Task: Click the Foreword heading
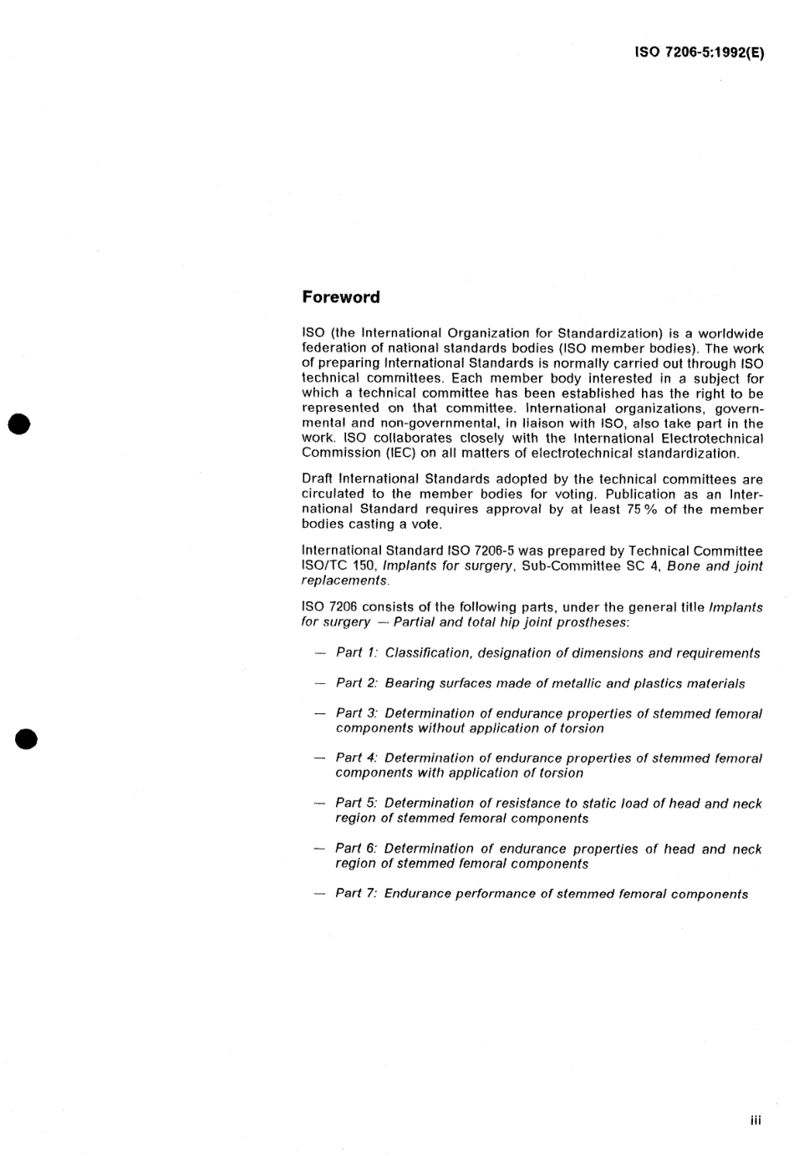[x=340, y=297]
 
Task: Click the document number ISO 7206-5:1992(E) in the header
[x=700, y=52]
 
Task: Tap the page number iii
[x=756, y=1121]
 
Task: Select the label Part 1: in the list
[x=357, y=653]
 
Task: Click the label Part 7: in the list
[x=357, y=894]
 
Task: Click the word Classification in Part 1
[x=425, y=653]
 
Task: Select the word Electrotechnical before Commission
[x=710, y=439]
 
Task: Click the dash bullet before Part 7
[x=319, y=894]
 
